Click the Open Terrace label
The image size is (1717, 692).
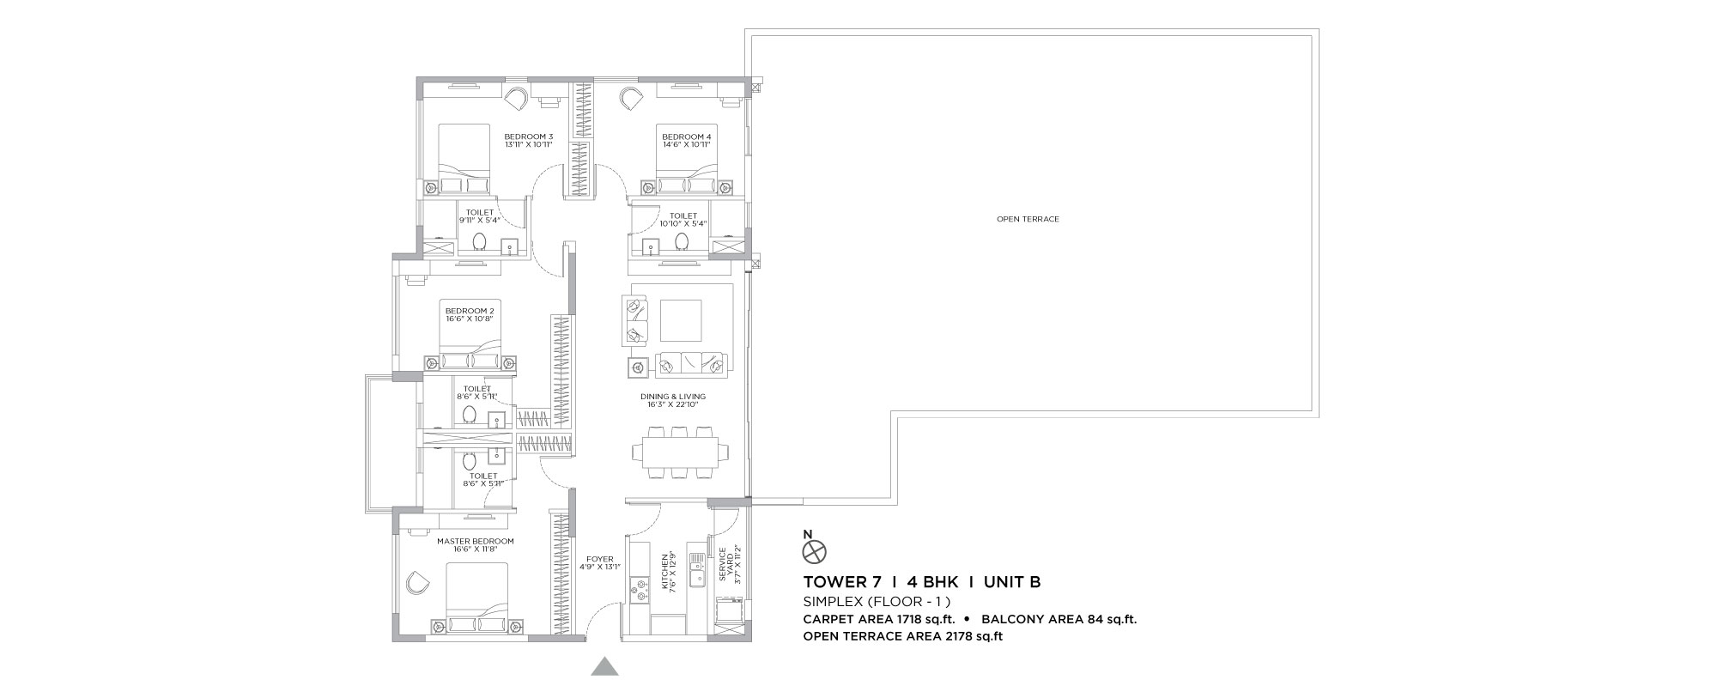[1028, 219]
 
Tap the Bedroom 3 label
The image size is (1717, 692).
[528, 137]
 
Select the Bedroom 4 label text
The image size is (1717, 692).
[686, 137]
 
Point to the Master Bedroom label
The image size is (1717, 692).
[475, 541]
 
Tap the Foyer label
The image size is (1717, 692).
[599, 559]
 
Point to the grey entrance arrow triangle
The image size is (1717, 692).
[605, 667]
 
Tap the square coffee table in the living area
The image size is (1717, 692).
[680, 320]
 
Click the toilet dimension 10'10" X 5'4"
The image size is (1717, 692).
[683, 224]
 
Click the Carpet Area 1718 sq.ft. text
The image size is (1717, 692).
[879, 619]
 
